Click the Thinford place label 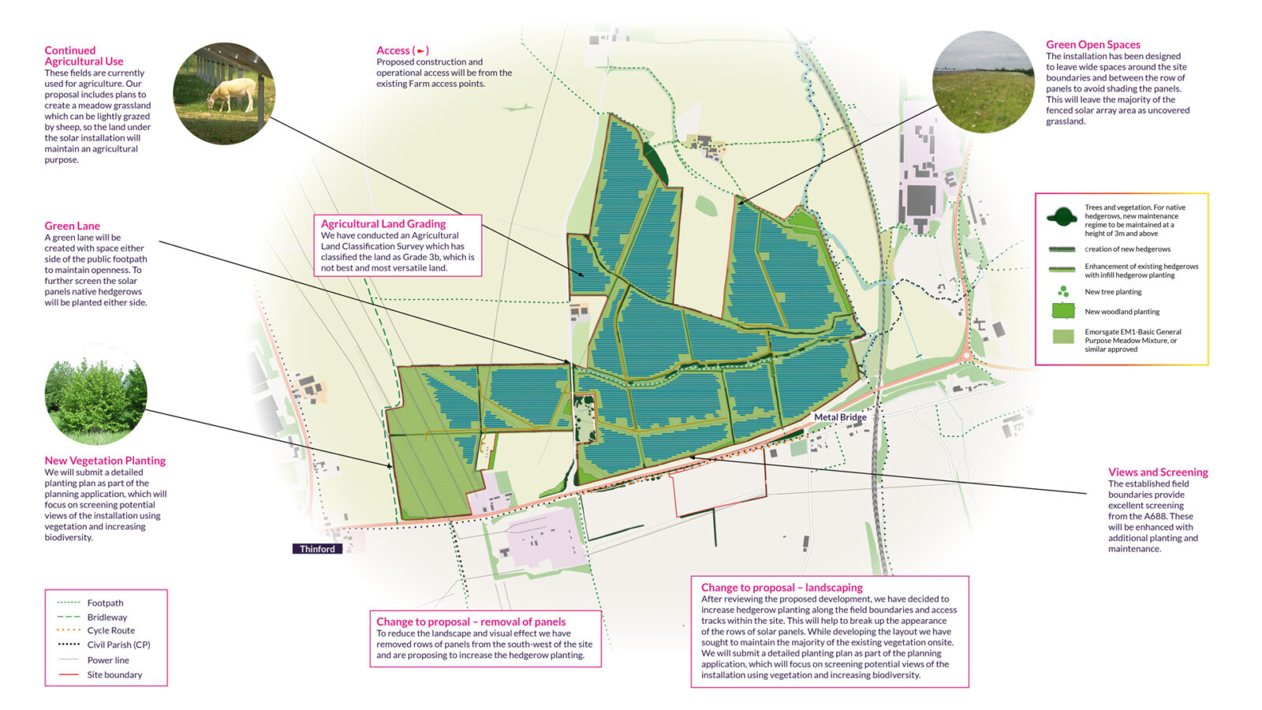[x=317, y=549]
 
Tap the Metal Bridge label [x=840, y=417]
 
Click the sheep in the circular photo [x=231, y=94]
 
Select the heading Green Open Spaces [x=1092, y=45]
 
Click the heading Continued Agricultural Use [x=84, y=56]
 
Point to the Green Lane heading [x=73, y=226]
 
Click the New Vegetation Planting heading [x=105, y=461]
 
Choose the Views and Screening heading [x=1157, y=473]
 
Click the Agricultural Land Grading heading [x=383, y=224]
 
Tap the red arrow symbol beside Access [x=422, y=51]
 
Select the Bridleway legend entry [x=106, y=617]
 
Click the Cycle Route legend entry [x=110, y=630]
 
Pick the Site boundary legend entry [x=114, y=674]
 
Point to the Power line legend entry [x=108, y=660]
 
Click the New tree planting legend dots [x=1063, y=292]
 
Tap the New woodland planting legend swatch [x=1063, y=311]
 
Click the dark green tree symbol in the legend [x=1062, y=216]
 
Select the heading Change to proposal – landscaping [x=782, y=588]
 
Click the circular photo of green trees [x=95, y=400]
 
